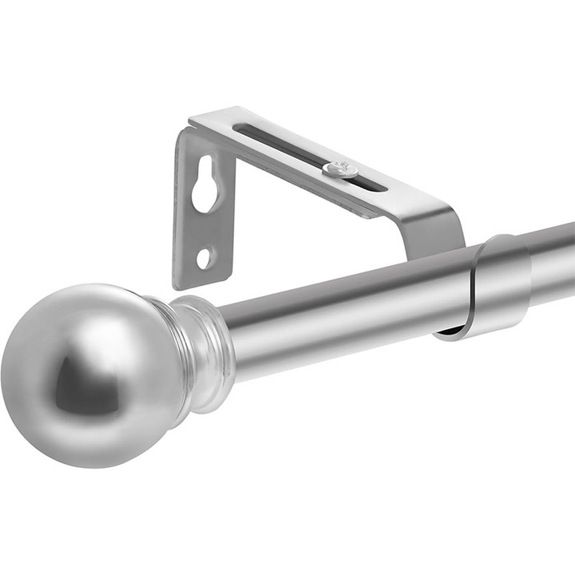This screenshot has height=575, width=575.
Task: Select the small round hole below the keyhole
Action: click(204, 257)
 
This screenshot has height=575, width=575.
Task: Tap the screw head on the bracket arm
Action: click(341, 169)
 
